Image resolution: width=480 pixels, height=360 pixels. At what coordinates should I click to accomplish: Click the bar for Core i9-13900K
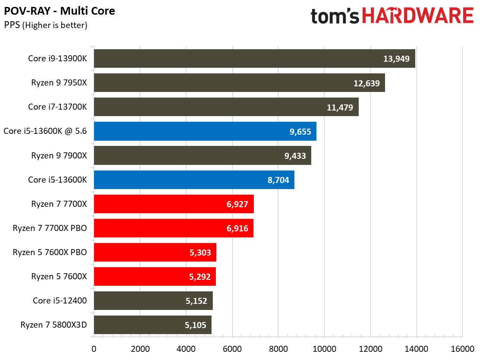pos(254,59)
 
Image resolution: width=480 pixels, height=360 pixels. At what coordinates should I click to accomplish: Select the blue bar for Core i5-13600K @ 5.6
pos(205,131)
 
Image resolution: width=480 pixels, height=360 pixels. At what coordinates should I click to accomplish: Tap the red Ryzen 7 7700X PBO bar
pos(174,228)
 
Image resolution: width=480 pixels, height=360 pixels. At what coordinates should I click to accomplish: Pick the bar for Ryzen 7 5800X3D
pos(152,325)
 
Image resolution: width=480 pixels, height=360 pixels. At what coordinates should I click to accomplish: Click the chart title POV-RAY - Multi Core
pos(60,11)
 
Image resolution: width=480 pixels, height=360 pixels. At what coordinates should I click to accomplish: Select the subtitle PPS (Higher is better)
pos(46,25)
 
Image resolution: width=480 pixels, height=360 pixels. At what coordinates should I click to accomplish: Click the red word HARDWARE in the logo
pos(417,16)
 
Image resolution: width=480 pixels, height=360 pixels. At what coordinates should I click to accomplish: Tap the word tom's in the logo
pos(335,16)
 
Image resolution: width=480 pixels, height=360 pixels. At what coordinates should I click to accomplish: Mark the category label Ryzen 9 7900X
pos(59,156)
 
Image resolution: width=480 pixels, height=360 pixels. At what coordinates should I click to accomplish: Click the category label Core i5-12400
pos(60,301)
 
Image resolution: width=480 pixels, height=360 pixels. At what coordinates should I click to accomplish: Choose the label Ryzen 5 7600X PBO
pos(50,253)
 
